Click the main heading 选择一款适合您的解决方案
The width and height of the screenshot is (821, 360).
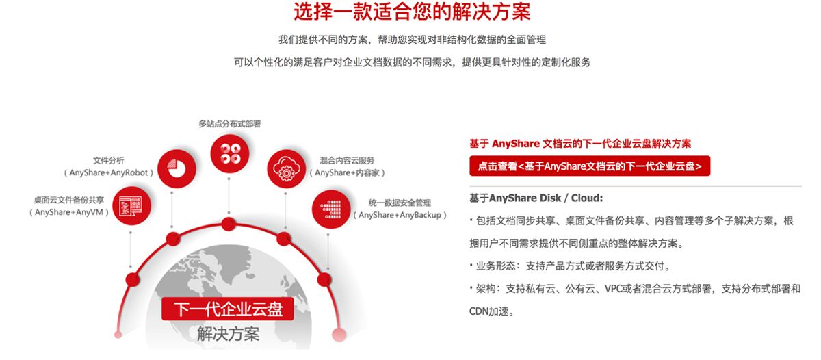pyautogui.click(x=412, y=12)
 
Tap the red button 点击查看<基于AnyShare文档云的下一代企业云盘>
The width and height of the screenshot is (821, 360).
pyautogui.click(x=590, y=166)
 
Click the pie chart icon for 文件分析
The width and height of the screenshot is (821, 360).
pyautogui.click(x=177, y=168)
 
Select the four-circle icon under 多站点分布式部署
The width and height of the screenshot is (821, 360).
pyautogui.click(x=229, y=153)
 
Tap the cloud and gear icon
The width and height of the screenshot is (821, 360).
pyautogui.click(x=286, y=169)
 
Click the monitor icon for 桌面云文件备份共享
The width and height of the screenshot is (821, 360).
pyautogui.click(x=132, y=205)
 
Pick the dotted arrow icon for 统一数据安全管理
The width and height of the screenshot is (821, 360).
pyautogui.click(x=331, y=209)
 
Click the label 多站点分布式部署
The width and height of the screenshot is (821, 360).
pyautogui.click(x=229, y=124)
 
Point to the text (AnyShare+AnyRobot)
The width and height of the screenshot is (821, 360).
pyautogui.click(x=109, y=172)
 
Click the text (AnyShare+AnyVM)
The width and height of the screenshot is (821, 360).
pyautogui.click(x=69, y=212)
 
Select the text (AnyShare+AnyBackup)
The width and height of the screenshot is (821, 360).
pyautogui.click(x=400, y=215)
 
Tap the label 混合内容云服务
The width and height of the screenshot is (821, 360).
pyautogui.click(x=347, y=161)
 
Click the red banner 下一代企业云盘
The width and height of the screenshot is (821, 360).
pyautogui.click(x=228, y=309)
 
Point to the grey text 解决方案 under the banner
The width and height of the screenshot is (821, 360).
pyautogui.click(x=228, y=333)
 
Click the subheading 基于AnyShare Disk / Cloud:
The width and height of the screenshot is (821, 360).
pyautogui.click(x=536, y=198)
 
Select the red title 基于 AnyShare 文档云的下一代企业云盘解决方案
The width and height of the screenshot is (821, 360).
pyautogui.click(x=580, y=143)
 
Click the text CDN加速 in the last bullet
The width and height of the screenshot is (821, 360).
pyautogui.click(x=488, y=311)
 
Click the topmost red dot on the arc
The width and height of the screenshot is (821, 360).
pyautogui.click(x=229, y=224)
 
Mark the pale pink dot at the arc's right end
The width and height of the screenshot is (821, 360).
pyautogui.click(x=339, y=335)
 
